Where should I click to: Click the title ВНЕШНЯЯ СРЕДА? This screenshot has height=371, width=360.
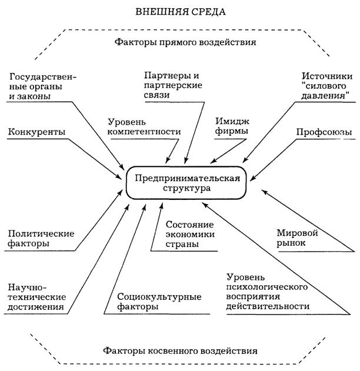pos(180,11)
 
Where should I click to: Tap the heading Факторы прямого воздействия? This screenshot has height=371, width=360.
pos(181,43)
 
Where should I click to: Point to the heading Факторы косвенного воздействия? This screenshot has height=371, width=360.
pos(179,350)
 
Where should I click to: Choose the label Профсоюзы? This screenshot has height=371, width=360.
pos(324,132)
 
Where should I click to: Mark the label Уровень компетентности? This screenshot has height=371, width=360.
pos(144,126)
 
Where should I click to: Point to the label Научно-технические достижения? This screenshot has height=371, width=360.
pos(36,296)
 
